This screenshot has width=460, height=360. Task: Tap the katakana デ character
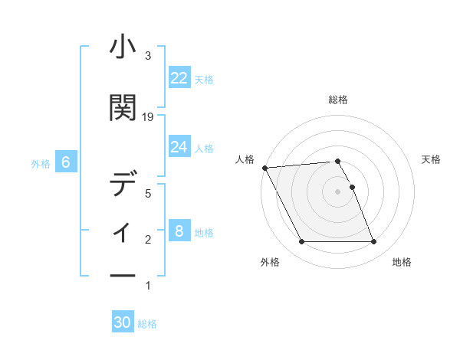point(123,185)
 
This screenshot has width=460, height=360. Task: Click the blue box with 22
point(179,78)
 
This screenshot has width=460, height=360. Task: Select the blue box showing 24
point(179,147)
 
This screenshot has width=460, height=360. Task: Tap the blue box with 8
point(179,231)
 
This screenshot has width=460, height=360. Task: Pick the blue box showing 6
point(66,162)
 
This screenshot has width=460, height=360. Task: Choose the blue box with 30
point(123,322)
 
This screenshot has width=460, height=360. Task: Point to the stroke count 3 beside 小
point(148,56)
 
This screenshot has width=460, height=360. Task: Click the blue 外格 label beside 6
point(41,163)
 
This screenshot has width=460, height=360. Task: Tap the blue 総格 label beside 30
point(147,324)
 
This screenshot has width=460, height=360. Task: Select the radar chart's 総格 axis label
point(337,100)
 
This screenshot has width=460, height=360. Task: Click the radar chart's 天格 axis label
point(431,159)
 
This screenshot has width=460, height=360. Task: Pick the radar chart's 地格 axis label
point(402,262)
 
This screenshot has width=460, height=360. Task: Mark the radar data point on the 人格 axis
point(264,168)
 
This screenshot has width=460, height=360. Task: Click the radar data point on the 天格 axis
point(352,187)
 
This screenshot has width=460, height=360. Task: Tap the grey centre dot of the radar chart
point(337,191)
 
